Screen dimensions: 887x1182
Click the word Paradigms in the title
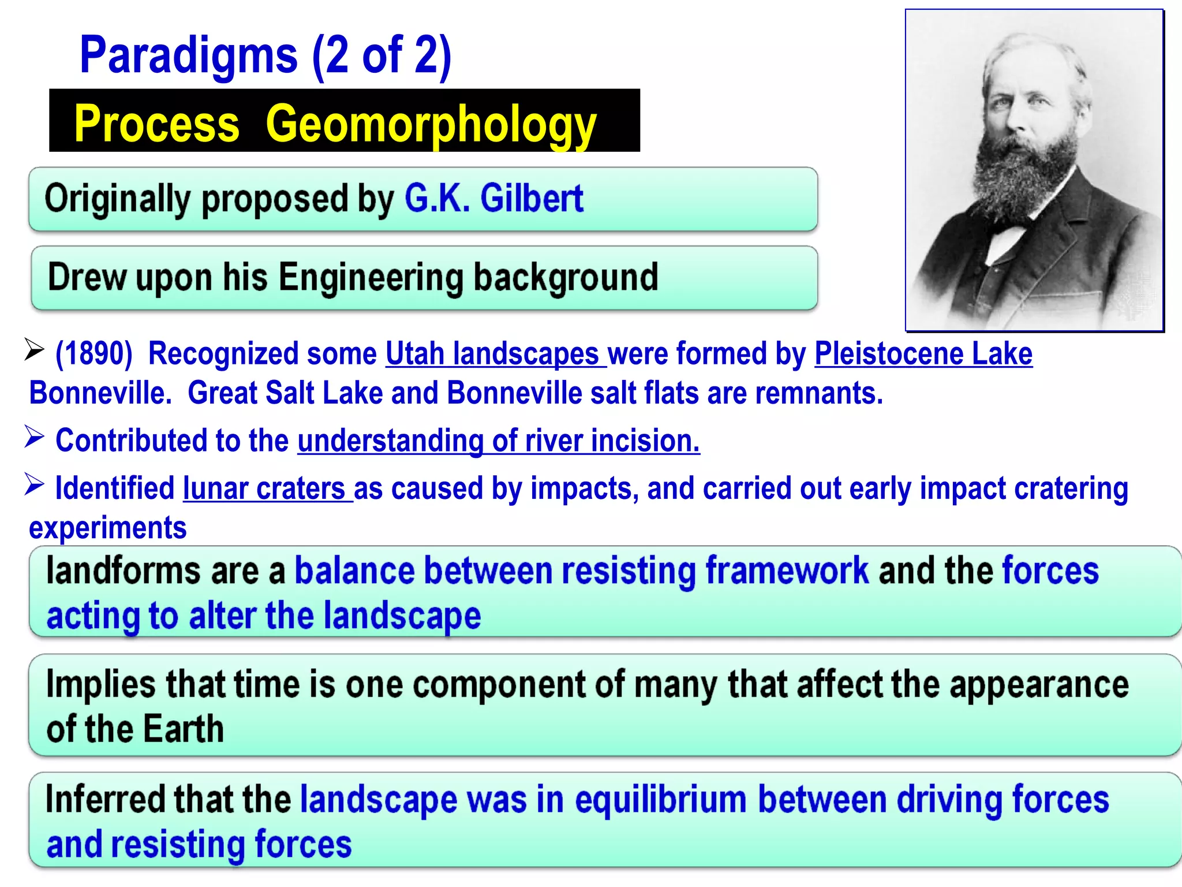(x=189, y=55)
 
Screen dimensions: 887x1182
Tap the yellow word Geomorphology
(x=431, y=124)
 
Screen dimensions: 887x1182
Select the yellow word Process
(x=157, y=124)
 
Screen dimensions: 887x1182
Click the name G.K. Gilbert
(x=494, y=199)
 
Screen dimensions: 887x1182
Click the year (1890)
(x=94, y=353)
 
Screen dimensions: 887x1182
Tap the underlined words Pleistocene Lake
(x=923, y=353)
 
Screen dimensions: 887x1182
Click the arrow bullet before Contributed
(x=35, y=437)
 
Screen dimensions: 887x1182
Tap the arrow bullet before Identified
(x=35, y=485)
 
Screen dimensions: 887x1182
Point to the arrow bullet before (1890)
(x=35, y=349)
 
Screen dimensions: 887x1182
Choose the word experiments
(x=108, y=528)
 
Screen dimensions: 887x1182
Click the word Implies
(x=100, y=684)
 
